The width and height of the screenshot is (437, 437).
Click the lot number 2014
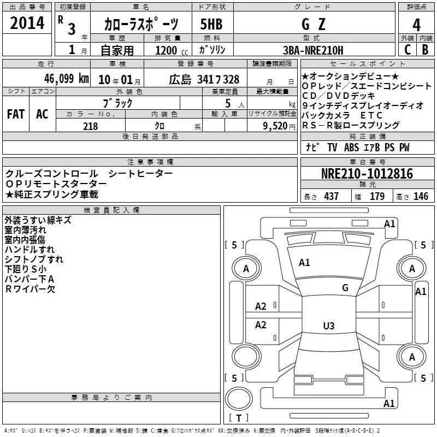point(27,23)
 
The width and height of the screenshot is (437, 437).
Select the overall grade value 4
point(416,25)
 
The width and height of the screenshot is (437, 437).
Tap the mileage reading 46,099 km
point(66,79)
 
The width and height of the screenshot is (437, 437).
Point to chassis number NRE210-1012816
point(367,173)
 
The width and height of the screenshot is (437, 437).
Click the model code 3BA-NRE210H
point(313,50)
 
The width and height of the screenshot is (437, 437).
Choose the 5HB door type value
point(211,24)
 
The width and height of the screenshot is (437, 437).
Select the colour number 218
point(90,126)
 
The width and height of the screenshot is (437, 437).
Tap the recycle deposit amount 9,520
point(275,126)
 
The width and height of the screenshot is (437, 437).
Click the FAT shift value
point(16,114)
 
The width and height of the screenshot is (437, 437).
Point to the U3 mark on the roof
point(329,326)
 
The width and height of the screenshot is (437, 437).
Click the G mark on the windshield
point(345,288)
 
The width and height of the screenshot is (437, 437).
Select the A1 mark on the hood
point(304,263)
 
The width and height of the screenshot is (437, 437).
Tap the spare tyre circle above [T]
point(239,399)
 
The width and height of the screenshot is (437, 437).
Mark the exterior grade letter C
point(408,50)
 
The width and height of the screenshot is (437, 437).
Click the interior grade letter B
point(425,50)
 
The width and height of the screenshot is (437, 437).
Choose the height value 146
point(421,196)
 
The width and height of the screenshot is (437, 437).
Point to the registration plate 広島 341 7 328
point(204,80)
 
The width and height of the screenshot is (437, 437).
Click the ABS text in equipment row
point(351,147)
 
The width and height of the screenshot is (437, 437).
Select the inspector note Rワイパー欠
point(30,289)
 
